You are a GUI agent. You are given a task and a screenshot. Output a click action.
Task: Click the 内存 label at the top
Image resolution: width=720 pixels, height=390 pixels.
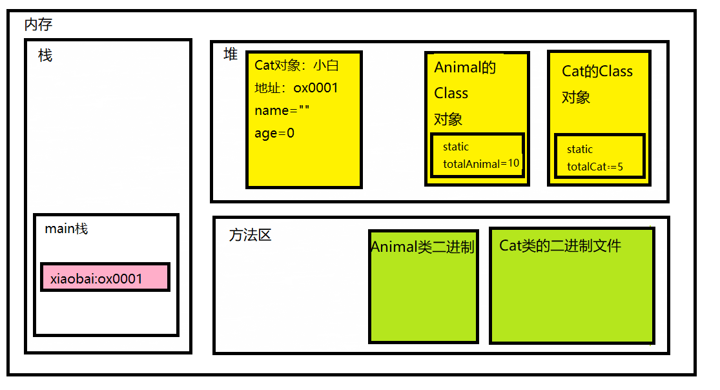click(38, 25)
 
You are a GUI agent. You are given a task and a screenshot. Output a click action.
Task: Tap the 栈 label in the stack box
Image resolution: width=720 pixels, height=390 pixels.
click(45, 56)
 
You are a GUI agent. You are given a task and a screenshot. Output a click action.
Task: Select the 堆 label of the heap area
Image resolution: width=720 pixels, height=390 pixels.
click(231, 54)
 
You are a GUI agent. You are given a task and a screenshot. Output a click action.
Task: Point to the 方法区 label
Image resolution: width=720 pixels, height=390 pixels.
click(250, 235)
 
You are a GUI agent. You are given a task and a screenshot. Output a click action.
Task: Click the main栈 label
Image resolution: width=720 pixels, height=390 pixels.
click(67, 229)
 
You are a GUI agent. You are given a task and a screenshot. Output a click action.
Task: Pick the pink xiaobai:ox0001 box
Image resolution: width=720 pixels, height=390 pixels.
click(105, 277)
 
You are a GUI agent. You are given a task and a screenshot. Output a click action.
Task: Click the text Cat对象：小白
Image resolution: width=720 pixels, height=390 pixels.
click(297, 65)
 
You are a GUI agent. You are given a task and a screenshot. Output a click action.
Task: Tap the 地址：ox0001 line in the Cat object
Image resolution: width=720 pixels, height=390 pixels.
click(296, 88)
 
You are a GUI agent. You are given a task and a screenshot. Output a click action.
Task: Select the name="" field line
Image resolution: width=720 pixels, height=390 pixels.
click(282, 110)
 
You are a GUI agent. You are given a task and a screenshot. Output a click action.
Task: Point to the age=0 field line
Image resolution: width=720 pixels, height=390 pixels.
click(274, 133)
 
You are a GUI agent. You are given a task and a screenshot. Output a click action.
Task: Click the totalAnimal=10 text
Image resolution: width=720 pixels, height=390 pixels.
click(481, 163)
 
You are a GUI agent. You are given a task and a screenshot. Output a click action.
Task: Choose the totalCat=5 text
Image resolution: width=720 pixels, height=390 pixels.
click(595, 167)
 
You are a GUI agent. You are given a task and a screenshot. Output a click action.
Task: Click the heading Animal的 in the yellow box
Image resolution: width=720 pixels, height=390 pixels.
click(465, 67)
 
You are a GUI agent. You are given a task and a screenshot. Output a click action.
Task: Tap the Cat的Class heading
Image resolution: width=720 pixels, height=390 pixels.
click(597, 71)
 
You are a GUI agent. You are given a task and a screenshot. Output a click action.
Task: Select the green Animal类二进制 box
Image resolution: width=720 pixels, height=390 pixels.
click(424, 285)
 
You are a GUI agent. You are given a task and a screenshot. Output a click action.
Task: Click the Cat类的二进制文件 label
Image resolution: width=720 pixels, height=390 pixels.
click(560, 245)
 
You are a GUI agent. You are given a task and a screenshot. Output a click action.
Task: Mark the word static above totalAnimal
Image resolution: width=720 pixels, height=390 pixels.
click(456, 147)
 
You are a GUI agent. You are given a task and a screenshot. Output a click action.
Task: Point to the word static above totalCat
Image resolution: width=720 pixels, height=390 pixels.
click(580, 149)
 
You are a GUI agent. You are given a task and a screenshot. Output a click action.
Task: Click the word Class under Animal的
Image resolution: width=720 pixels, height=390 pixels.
click(451, 93)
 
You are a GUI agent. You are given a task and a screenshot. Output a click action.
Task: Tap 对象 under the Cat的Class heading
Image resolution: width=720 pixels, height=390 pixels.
click(576, 97)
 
